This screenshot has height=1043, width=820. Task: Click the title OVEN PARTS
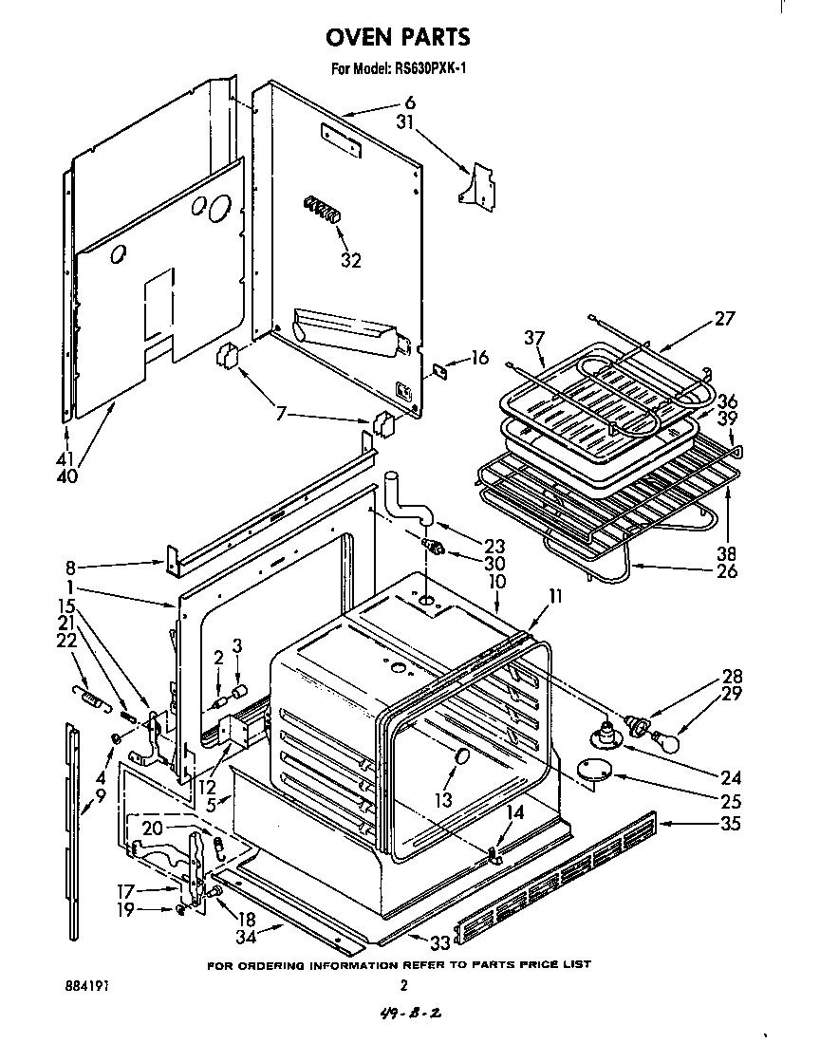(x=398, y=37)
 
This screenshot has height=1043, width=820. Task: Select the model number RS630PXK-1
(x=428, y=67)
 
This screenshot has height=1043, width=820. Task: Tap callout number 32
(x=350, y=261)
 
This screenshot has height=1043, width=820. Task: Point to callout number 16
(x=479, y=358)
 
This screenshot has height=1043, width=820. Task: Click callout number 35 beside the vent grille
(x=729, y=824)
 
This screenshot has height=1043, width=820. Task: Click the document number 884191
(x=84, y=986)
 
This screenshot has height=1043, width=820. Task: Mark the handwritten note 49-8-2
(x=408, y=1015)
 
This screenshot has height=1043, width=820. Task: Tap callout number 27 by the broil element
(x=725, y=319)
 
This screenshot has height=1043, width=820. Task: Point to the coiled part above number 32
(x=323, y=208)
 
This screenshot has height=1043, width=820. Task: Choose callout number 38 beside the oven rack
(x=729, y=554)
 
